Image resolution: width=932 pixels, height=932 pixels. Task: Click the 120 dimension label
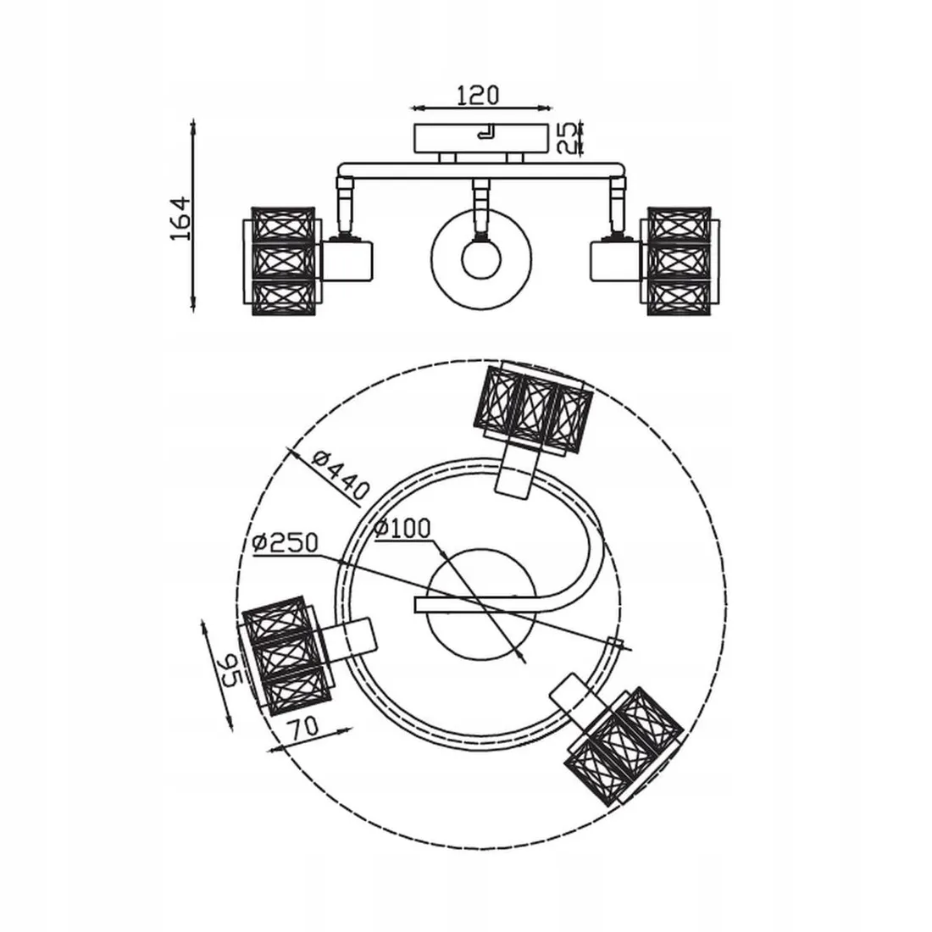click(478, 95)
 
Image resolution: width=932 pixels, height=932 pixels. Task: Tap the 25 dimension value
click(568, 138)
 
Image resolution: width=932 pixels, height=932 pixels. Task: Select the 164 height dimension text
click(181, 218)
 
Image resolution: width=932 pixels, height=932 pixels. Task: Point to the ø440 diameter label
click(341, 474)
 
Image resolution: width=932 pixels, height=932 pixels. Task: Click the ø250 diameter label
click(286, 542)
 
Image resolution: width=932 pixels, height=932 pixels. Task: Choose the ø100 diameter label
click(402, 528)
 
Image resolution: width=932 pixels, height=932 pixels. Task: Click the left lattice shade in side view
click(282, 261)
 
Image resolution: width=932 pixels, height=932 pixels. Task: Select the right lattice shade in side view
click(680, 261)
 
